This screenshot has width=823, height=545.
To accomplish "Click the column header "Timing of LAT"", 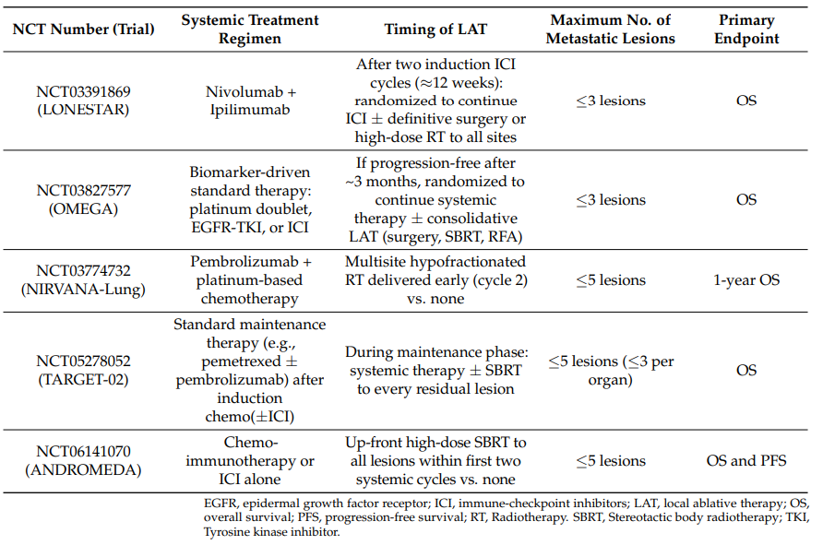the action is click(x=435, y=30).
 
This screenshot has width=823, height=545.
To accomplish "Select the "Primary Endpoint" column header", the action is click(x=746, y=30).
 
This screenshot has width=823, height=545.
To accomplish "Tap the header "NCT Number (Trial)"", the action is click(x=83, y=30).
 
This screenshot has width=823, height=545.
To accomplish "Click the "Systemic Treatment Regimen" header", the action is click(x=250, y=30).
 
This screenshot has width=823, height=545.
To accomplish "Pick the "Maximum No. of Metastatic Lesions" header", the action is click(x=611, y=30).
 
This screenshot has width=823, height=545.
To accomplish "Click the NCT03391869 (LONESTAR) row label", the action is click(x=83, y=101).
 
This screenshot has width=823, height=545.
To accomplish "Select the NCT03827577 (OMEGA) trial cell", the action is click(x=83, y=200).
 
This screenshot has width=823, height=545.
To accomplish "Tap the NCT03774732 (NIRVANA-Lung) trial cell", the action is click(x=83, y=280).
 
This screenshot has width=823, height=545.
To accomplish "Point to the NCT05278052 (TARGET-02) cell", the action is click(x=83, y=371).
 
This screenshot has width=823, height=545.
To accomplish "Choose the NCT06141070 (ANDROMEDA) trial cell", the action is click(x=83, y=460).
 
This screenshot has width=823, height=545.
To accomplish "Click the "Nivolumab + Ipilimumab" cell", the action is click(x=250, y=101).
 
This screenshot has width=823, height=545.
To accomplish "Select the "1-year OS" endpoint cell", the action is click(x=746, y=280).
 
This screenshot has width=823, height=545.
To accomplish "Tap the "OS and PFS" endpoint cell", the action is click(x=746, y=460).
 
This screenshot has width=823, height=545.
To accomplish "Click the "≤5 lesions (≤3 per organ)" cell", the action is click(x=611, y=371).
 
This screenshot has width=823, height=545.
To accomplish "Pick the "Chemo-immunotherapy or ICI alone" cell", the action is click(x=250, y=460).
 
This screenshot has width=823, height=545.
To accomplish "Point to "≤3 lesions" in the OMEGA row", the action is click(x=611, y=200).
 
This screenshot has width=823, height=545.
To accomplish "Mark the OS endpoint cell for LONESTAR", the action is click(x=746, y=101).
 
